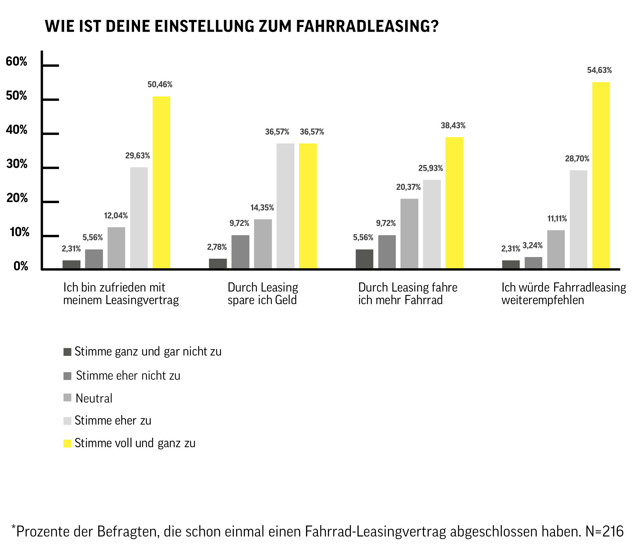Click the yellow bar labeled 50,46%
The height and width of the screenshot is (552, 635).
161,183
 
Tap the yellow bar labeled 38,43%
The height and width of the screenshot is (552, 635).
454,203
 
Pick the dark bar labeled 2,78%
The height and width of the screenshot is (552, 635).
218,264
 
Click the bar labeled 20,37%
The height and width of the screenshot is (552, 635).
409,234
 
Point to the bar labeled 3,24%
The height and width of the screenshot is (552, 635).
533,263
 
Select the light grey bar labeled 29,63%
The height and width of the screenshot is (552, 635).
139,218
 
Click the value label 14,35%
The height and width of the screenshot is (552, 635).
262,208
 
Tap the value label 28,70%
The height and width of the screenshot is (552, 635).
577,159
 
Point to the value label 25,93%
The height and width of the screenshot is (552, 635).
430,168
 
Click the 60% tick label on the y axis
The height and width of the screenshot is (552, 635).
17,62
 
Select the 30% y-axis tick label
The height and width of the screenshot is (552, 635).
17,164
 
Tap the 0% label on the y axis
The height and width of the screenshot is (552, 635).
21,266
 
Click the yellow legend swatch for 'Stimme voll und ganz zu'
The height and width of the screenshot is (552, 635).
67,443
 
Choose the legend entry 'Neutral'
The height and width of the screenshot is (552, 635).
94,398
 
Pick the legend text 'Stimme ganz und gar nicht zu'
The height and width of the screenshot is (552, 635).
148,352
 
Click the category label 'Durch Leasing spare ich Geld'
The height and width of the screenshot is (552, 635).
263,294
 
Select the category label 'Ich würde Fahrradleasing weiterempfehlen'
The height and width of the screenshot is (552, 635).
564,294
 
